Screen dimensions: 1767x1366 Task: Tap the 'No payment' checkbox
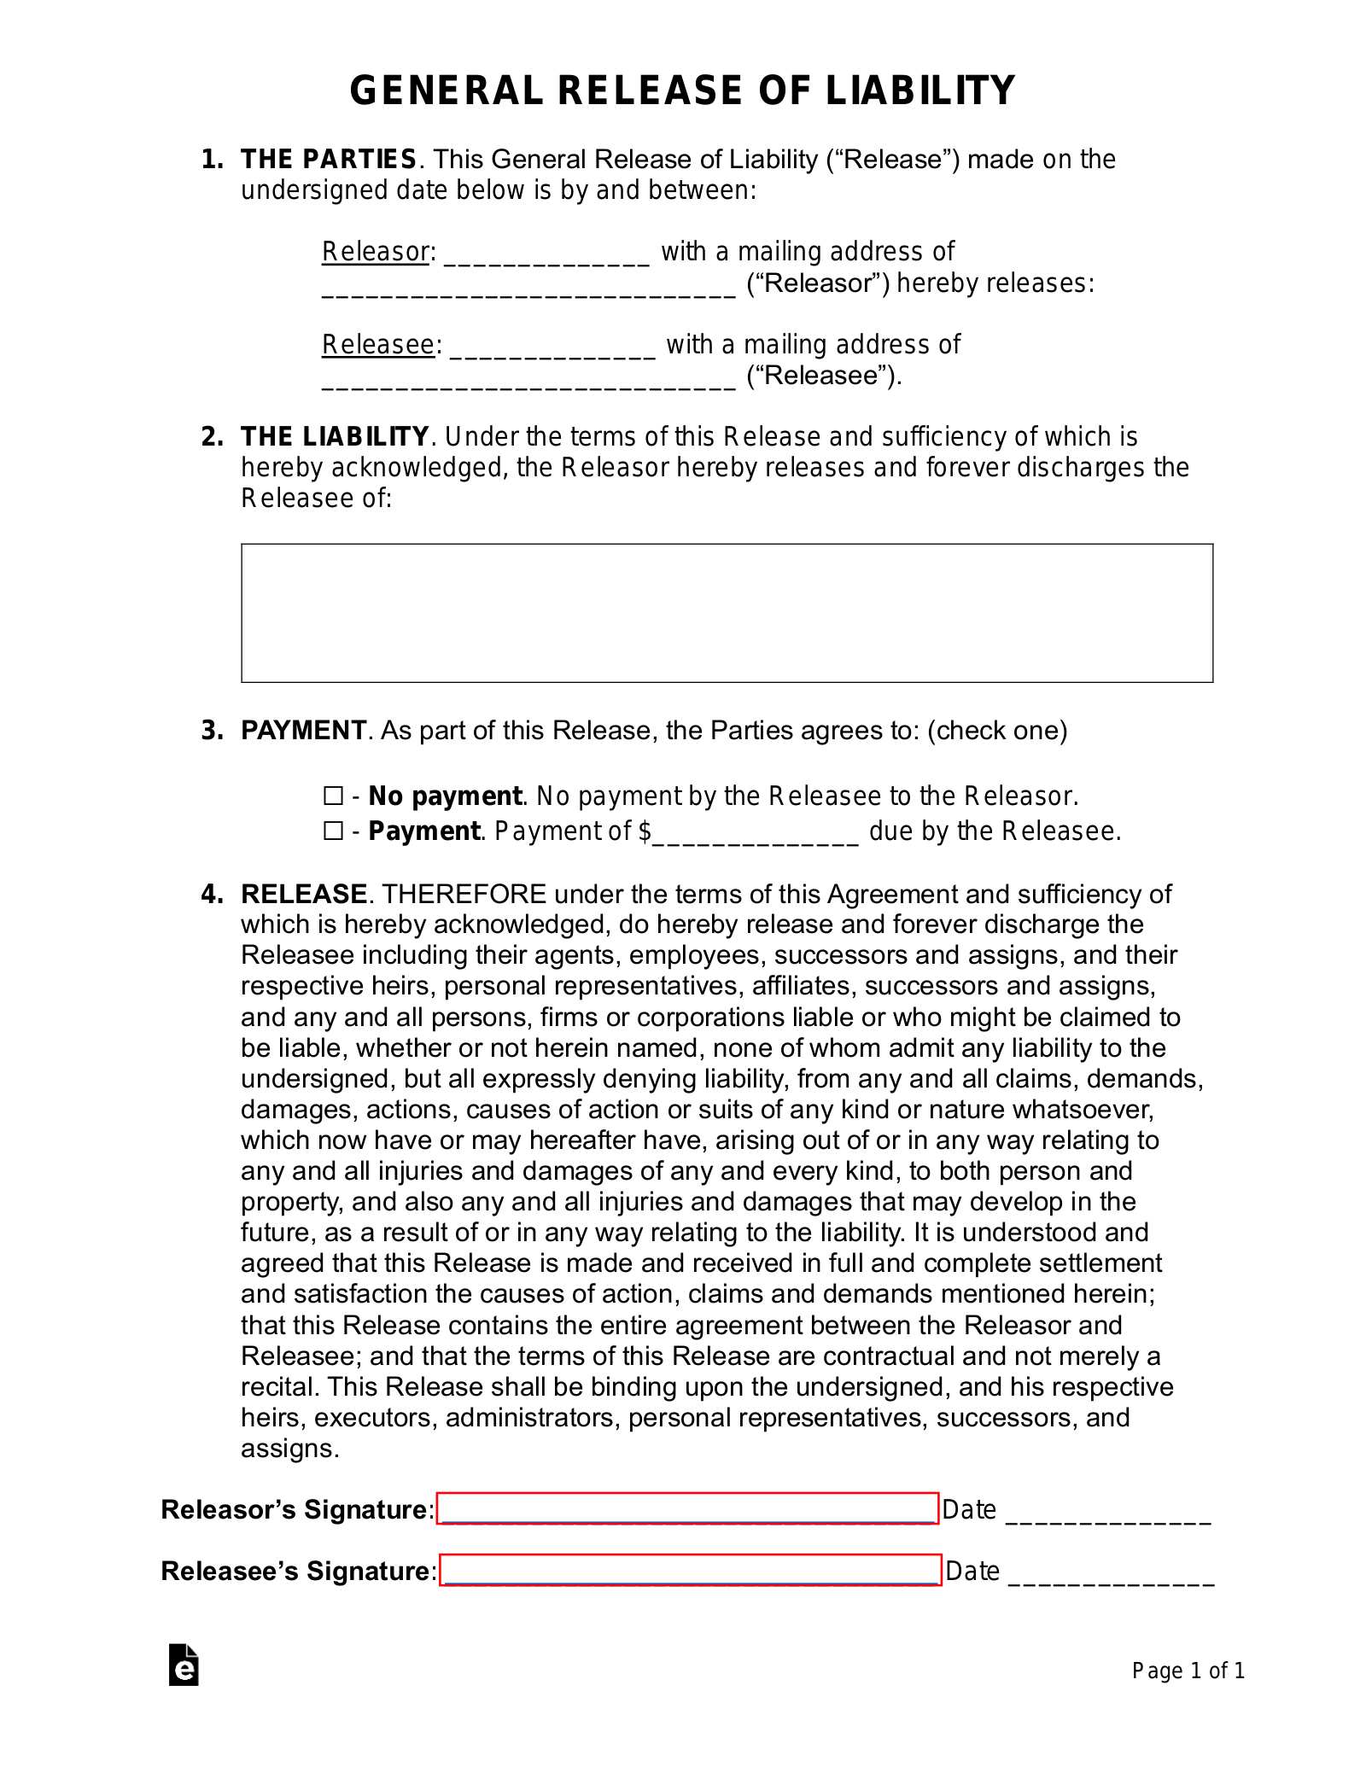point(332,796)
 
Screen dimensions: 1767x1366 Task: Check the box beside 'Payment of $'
point(332,831)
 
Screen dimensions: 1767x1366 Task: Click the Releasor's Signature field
point(687,1509)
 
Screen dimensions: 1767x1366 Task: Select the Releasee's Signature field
point(690,1571)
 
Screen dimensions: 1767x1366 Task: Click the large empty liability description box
point(727,613)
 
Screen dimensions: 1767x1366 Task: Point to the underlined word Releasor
point(375,252)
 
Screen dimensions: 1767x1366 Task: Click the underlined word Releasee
point(378,345)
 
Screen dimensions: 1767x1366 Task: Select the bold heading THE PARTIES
point(329,160)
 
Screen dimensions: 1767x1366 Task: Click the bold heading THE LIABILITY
point(335,437)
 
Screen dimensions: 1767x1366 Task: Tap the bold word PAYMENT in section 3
point(303,731)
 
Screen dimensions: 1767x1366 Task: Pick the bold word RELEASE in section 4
point(304,894)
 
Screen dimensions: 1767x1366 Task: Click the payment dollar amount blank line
point(755,834)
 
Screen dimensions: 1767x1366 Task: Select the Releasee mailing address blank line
point(528,379)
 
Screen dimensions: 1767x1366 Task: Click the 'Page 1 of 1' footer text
point(1188,1671)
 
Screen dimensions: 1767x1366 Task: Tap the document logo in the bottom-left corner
point(184,1665)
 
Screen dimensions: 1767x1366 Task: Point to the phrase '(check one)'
point(997,731)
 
